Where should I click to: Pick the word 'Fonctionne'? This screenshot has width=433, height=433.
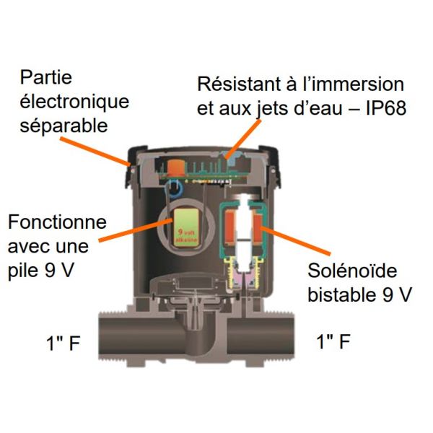pyautogui.click(x=56, y=222)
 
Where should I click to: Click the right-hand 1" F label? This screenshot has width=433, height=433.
pyautogui.click(x=333, y=342)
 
